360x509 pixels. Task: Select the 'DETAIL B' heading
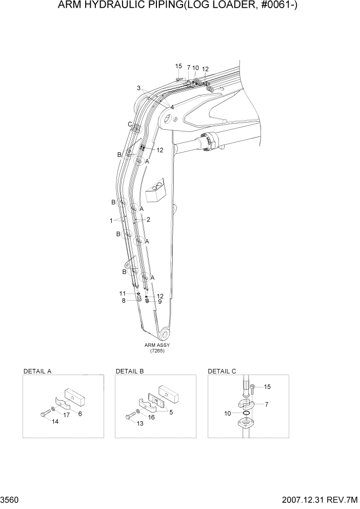(x=130, y=370)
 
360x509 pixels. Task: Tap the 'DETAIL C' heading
(x=222, y=370)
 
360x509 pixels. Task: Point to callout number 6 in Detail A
(x=80, y=414)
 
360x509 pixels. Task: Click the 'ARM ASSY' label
(x=157, y=345)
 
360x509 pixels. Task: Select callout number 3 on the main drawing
(x=138, y=88)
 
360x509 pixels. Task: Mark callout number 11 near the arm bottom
(x=123, y=293)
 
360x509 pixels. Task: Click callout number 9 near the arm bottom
(x=159, y=302)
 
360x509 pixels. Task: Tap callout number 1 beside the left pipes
(x=111, y=221)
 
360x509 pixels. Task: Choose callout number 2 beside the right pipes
(x=148, y=220)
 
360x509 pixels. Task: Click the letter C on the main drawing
(x=130, y=124)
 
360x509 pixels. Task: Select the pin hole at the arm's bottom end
(x=164, y=335)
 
